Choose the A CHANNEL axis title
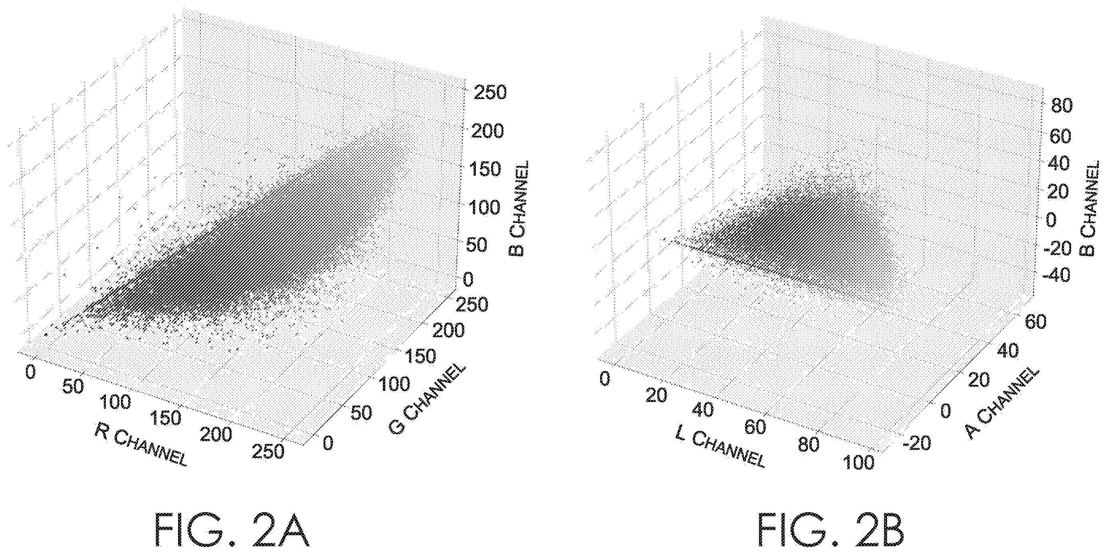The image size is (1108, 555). click(x=1002, y=404)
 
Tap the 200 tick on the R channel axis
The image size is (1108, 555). click(x=216, y=434)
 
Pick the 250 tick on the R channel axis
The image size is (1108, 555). click(x=268, y=451)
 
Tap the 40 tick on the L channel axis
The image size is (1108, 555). click(x=702, y=410)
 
